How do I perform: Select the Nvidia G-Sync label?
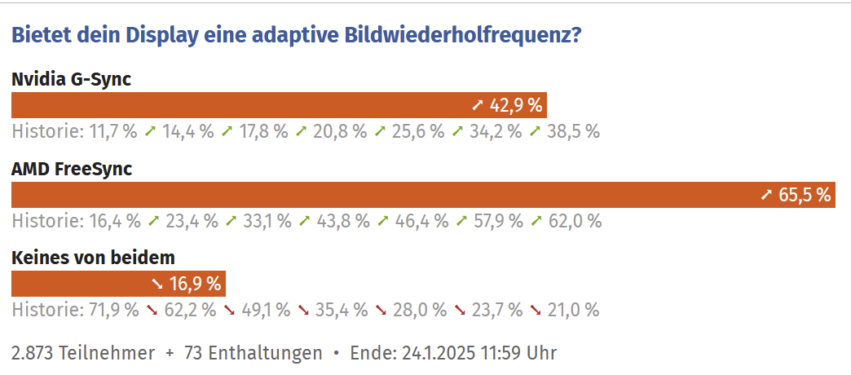click(71, 79)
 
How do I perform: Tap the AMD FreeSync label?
click(72, 169)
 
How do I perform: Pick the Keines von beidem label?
click(93, 258)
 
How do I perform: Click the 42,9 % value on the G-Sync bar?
click(516, 105)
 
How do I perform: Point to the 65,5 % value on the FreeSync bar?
click(805, 195)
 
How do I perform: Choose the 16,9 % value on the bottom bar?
click(196, 284)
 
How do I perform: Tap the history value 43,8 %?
click(343, 221)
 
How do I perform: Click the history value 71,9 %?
click(112, 310)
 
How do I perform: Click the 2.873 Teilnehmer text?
click(83, 353)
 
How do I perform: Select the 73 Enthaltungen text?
click(254, 353)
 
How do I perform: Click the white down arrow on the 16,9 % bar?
click(157, 284)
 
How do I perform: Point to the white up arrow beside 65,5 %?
click(766, 195)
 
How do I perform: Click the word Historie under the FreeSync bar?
click(46, 221)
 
